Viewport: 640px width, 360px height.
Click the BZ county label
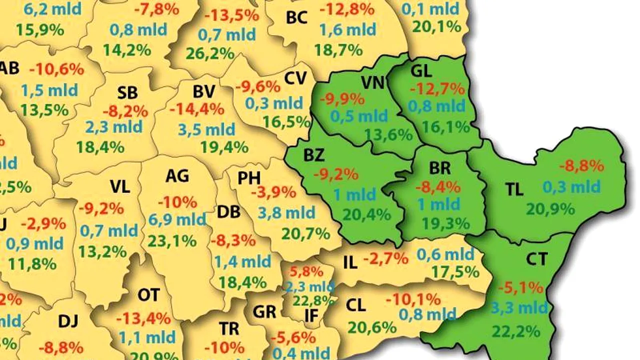[x=314, y=155]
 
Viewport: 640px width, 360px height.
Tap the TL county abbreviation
[x=514, y=189]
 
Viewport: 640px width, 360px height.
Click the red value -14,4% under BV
[x=196, y=109]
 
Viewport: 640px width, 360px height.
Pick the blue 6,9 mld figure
[x=177, y=219]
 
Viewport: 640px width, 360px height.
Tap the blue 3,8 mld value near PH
[x=287, y=213]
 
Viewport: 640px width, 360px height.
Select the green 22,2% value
[x=516, y=330]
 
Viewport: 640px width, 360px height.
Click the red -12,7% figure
[x=437, y=89]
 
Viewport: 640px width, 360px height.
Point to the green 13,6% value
[x=388, y=134]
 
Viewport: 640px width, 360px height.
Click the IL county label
[x=351, y=262]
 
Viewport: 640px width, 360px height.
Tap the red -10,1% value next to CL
[x=413, y=299]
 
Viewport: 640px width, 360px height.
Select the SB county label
[x=127, y=93]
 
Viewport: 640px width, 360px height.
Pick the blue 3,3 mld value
[x=519, y=307]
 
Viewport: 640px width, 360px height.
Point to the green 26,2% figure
[x=209, y=53]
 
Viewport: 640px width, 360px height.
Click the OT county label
[x=148, y=295]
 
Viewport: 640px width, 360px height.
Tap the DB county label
[x=228, y=212]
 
